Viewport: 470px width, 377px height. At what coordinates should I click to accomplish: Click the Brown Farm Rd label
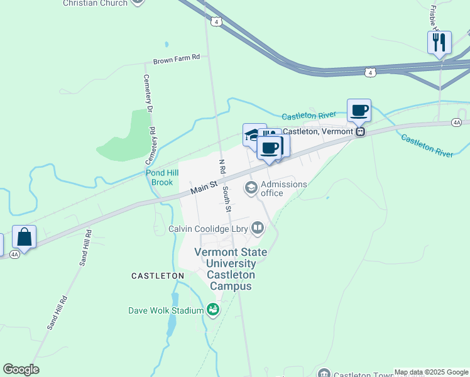click(177, 57)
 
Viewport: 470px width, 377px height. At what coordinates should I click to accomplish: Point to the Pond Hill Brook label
click(158, 178)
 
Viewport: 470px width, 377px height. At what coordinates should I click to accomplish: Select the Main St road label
click(204, 186)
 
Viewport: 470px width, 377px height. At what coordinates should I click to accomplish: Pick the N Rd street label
click(221, 167)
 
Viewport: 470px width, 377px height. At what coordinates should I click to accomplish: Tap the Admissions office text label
click(283, 188)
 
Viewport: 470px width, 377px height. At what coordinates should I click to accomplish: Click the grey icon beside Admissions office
click(251, 187)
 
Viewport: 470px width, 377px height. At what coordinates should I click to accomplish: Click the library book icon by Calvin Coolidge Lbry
click(258, 229)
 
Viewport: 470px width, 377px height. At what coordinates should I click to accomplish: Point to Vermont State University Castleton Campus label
click(231, 269)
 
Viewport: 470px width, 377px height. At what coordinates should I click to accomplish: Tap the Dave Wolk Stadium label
click(166, 310)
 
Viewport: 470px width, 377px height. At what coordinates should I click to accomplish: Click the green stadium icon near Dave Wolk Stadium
click(213, 309)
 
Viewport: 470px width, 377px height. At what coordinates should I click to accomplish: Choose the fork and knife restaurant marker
click(439, 43)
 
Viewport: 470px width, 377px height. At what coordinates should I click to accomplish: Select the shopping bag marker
click(25, 237)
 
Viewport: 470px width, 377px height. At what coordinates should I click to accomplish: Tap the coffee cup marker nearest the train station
click(359, 111)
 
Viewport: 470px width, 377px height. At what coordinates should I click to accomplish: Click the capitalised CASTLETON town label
click(157, 276)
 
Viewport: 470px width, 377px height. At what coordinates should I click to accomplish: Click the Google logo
click(21, 369)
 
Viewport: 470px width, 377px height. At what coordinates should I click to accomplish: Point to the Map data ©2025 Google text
click(431, 372)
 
